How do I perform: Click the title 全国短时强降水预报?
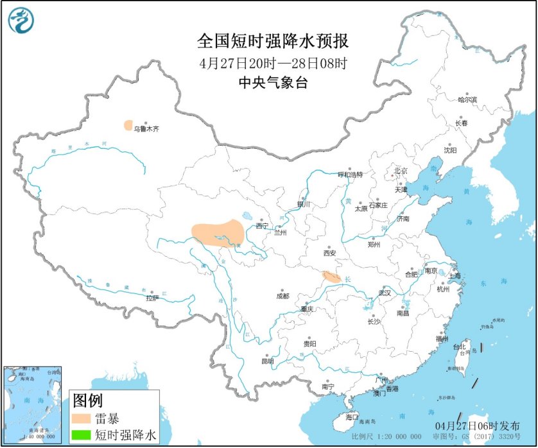pyautogui.click(x=273, y=42)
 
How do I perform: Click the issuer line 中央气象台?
pyautogui.click(x=273, y=82)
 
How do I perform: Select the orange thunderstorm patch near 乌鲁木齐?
pyautogui.click(x=128, y=125)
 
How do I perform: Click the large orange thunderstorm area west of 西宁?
pyautogui.click(x=218, y=232)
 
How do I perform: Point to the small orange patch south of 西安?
pyautogui.click(x=331, y=277)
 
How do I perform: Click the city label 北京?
pyautogui.click(x=401, y=171)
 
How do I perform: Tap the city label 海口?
pyautogui.click(x=351, y=418)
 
